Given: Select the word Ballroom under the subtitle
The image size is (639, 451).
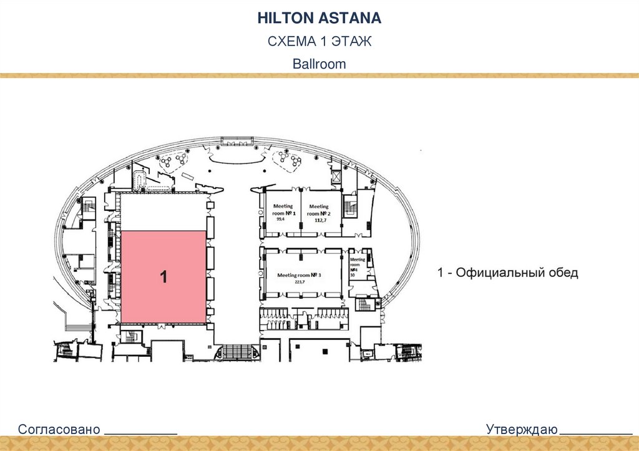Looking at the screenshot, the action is click(319, 64).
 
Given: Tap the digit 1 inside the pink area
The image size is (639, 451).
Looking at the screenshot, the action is click(163, 278).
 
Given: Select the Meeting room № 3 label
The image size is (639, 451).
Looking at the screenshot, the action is click(299, 275).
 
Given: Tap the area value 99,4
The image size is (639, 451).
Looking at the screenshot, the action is click(280, 220).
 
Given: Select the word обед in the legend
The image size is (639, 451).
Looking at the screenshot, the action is click(562, 273).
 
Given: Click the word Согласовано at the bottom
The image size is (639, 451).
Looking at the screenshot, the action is click(59, 429).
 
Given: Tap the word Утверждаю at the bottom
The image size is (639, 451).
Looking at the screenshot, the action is click(522, 429).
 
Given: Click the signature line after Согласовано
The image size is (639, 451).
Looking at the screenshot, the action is click(140, 432).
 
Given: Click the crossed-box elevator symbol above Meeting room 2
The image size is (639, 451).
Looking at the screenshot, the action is click(338, 177).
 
